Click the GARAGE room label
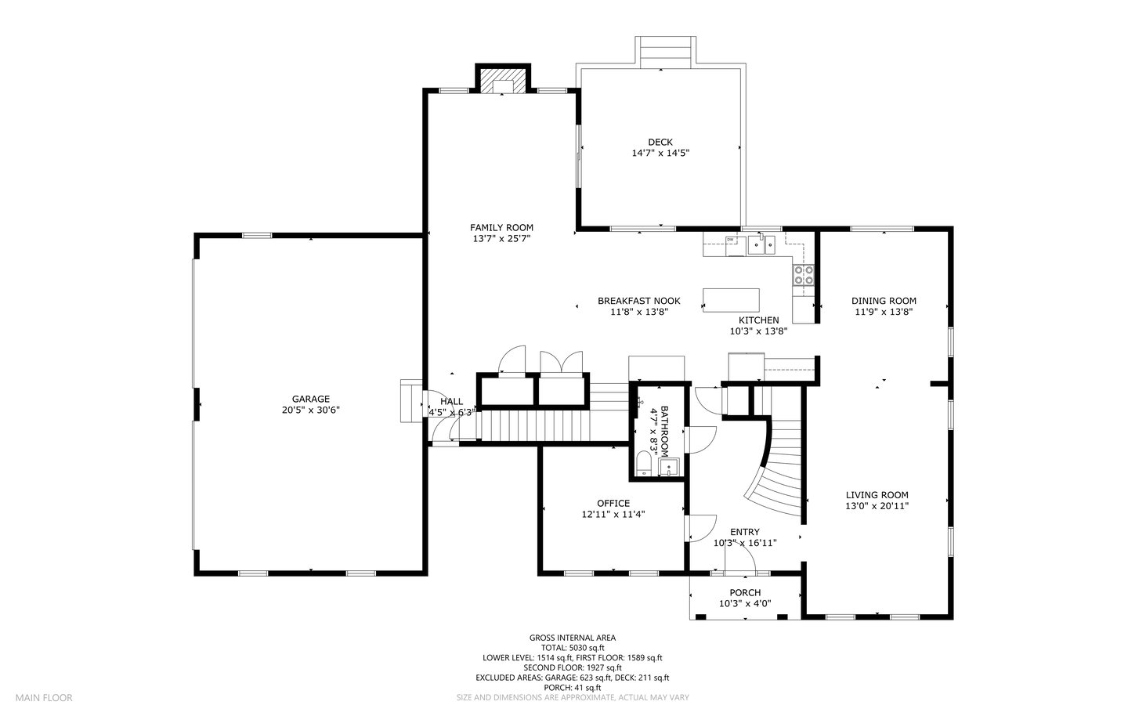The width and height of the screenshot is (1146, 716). coord(310,399)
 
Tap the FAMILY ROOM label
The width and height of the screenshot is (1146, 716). coord(501,227)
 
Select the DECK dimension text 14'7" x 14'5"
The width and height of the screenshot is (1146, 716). coord(660,153)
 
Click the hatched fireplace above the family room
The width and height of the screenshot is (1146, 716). coord(503,79)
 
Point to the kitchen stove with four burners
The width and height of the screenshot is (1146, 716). coord(803,275)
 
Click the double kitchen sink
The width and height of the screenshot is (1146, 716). coord(761,245)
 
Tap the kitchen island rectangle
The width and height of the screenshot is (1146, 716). coord(731,301)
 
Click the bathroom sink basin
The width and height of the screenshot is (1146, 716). coord(669,467)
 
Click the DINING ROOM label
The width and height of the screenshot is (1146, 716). coord(884,301)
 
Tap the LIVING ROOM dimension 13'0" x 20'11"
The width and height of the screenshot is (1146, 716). coord(877,505)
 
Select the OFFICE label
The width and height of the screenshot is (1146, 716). coord(613,503)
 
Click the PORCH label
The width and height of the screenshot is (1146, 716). coord(745,593)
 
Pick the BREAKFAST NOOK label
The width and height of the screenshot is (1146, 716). coord(639,301)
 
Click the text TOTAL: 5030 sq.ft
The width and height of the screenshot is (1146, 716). coord(573,648)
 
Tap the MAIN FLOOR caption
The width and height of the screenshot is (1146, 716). coord(44,697)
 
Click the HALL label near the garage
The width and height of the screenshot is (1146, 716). coord(451,402)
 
